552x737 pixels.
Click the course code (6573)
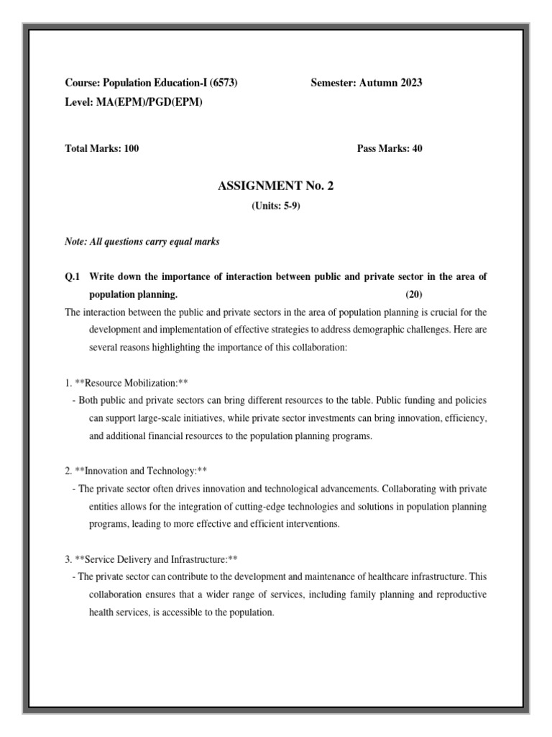click(224, 83)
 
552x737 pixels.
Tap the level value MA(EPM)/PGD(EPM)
click(149, 102)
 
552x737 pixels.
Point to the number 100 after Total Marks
click(131, 149)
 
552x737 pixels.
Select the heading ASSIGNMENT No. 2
click(275, 186)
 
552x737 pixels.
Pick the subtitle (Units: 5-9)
click(276, 206)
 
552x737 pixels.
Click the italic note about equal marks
click(142, 242)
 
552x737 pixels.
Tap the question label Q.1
click(73, 277)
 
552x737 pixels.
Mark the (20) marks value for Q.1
click(415, 294)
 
